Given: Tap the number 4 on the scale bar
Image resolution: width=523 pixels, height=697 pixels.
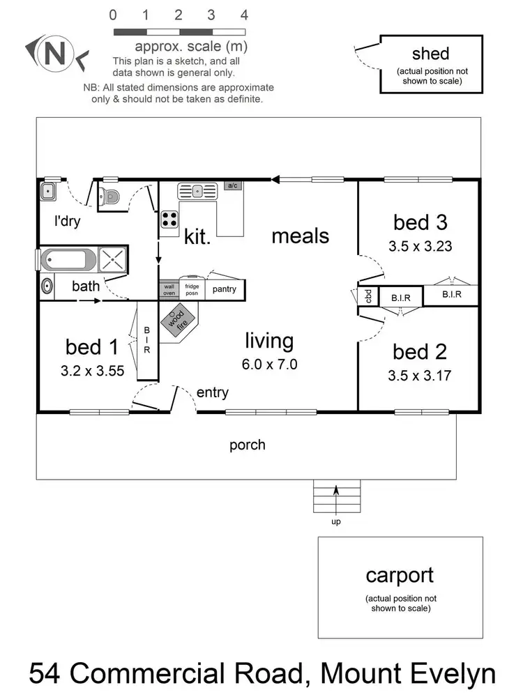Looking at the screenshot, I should (x=244, y=15).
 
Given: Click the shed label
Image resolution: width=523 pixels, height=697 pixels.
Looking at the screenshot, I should (x=430, y=54).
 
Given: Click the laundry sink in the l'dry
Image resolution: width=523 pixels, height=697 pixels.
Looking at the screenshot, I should (x=50, y=192).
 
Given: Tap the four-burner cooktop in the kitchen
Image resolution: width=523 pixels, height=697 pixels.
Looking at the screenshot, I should (x=169, y=219).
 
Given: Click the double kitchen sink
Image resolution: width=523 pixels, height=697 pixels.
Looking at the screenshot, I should (x=199, y=190).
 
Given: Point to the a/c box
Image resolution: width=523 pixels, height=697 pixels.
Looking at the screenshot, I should (x=233, y=185).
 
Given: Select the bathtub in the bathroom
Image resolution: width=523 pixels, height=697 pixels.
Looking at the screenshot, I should (x=68, y=261).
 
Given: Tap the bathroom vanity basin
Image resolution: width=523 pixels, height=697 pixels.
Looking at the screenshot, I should (x=47, y=286).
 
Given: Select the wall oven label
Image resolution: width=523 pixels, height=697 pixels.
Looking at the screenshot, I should (x=169, y=289).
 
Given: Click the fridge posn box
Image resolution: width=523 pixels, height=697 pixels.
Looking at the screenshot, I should (x=192, y=289).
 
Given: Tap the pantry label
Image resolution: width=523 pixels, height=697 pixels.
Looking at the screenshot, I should (x=224, y=289).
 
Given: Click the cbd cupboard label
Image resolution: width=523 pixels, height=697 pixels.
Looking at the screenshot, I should (x=368, y=296).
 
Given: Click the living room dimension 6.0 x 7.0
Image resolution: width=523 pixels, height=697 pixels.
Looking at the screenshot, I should (x=269, y=363).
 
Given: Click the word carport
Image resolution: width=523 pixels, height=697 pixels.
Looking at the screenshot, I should (x=400, y=576).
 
